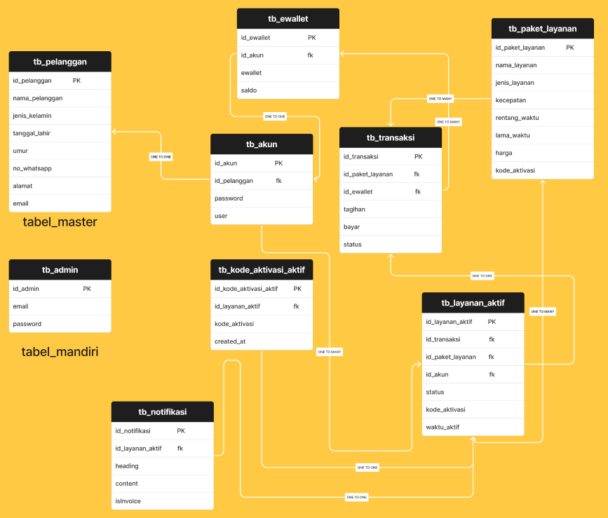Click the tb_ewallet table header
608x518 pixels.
(288, 19)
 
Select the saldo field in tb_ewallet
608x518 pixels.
(249, 90)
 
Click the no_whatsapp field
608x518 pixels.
(32, 168)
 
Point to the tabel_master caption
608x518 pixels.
(60, 222)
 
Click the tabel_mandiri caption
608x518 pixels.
(60, 352)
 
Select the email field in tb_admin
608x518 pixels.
(20, 306)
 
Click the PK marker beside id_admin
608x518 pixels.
(87, 289)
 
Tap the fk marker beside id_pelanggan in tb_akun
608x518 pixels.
(279, 181)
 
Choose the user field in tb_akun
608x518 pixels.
(221, 216)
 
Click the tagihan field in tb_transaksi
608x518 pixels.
(354, 210)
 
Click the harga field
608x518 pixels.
(504, 153)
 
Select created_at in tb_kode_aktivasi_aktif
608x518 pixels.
(230, 341)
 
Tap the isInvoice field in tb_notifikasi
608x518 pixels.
(128, 501)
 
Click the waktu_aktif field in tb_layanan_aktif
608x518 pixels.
(443, 427)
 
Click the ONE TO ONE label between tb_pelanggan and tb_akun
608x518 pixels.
(161, 157)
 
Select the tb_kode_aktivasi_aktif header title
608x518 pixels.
(262, 270)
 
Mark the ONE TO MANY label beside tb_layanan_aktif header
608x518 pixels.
(543, 311)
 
